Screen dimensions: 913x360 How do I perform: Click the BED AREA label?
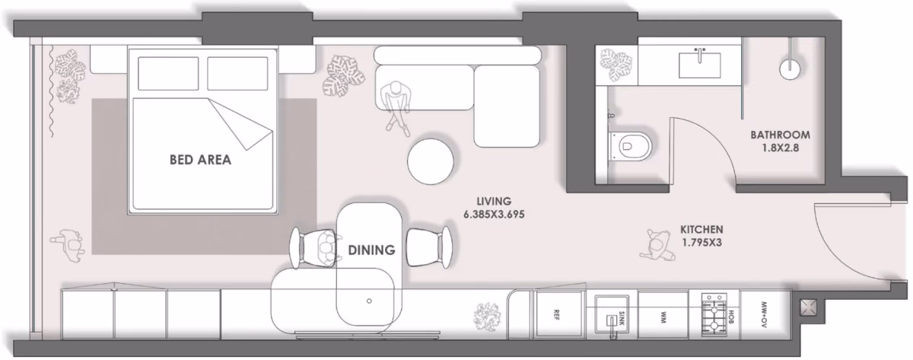click(x=200, y=159)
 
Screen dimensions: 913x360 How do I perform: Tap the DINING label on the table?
click(x=371, y=250)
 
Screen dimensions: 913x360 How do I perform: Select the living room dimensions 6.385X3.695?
click(x=494, y=214)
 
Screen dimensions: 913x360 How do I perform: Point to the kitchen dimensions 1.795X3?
click(x=701, y=243)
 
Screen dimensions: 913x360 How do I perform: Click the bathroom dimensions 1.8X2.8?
click(x=780, y=148)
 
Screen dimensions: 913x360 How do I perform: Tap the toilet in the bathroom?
click(x=630, y=146)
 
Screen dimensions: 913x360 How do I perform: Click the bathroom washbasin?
click(x=699, y=65)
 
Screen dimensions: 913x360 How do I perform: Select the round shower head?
click(x=790, y=69)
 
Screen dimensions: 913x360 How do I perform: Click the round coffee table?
click(x=431, y=161)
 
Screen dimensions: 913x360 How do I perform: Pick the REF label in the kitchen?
click(x=556, y=315)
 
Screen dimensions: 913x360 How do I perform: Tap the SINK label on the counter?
click(x=621, y=318)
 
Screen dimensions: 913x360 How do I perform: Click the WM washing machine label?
click(x=663, y=318)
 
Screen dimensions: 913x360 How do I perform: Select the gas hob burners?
click(x=714, y=315)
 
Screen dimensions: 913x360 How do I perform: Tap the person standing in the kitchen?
click(x=657, y=245)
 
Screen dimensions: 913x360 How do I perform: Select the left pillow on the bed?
click(x=168, y=73)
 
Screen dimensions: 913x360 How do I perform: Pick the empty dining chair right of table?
click(x=429, y=247)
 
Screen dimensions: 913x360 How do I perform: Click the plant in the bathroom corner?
click(x=616, y=65)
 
